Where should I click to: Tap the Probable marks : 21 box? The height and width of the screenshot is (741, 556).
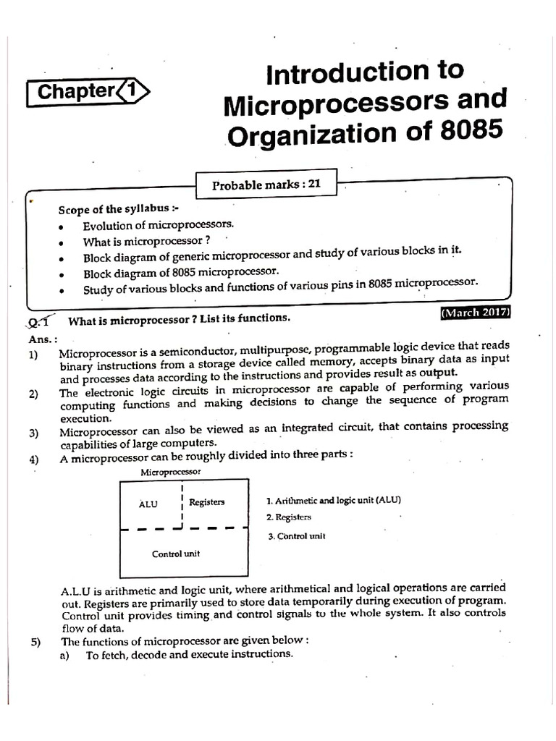point(266,185)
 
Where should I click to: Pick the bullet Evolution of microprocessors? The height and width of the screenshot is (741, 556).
point(159,226)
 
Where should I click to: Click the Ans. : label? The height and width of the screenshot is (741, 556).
point(40,337)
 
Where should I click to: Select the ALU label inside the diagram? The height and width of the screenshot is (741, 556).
point(148,504)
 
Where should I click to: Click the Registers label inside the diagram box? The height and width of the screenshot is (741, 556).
point(206,501)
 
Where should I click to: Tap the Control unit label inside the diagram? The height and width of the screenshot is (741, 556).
point(175,554)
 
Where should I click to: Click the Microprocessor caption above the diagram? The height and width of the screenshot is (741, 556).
point(170,471)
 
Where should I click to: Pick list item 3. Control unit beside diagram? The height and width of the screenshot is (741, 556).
point(296,536)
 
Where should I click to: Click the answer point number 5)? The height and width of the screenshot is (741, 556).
point(34,640)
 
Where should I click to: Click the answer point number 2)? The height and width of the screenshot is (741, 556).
point(34,394)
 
